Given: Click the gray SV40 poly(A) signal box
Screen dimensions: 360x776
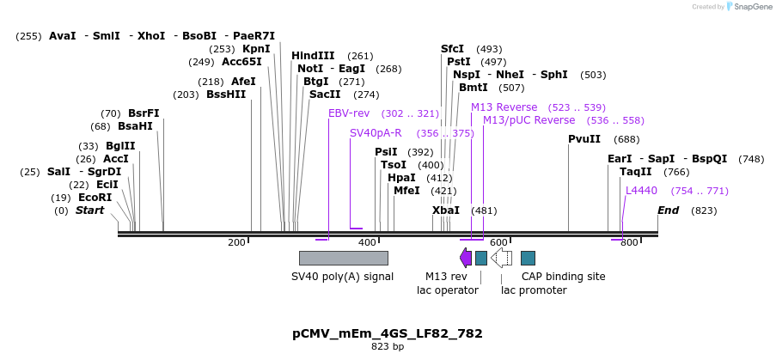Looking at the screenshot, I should [x=343, y=258].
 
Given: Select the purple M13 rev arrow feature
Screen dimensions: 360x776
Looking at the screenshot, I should [x=466, y=258].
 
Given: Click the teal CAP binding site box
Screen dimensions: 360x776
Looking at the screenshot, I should [x=528, y=258].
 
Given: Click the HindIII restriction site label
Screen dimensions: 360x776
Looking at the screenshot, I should [x=313, y=56].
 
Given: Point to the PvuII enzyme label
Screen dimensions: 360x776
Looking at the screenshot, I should [x=584, y=139].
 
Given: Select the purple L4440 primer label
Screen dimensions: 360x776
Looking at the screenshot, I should [x=641, y=191].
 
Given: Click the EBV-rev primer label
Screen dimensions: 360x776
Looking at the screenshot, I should [x=349, y=113].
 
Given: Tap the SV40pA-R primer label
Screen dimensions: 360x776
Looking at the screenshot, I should [x=376, y=133].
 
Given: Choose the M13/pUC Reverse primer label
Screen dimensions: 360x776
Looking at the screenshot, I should [x=529, y=120].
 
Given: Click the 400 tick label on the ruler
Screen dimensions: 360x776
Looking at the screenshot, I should [x=367, y=243].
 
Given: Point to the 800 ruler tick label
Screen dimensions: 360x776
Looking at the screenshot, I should [x=629, y=243].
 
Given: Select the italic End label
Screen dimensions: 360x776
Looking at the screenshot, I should [x=668, y=211].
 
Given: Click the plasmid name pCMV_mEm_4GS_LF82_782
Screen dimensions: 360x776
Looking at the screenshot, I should [x=388, y=333].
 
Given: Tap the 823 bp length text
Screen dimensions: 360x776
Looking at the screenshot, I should [x=388, y=347].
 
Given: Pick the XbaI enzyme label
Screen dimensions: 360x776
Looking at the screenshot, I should [x=445, y=211].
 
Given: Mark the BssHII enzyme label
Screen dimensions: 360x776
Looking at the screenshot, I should [x=226, y=95].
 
